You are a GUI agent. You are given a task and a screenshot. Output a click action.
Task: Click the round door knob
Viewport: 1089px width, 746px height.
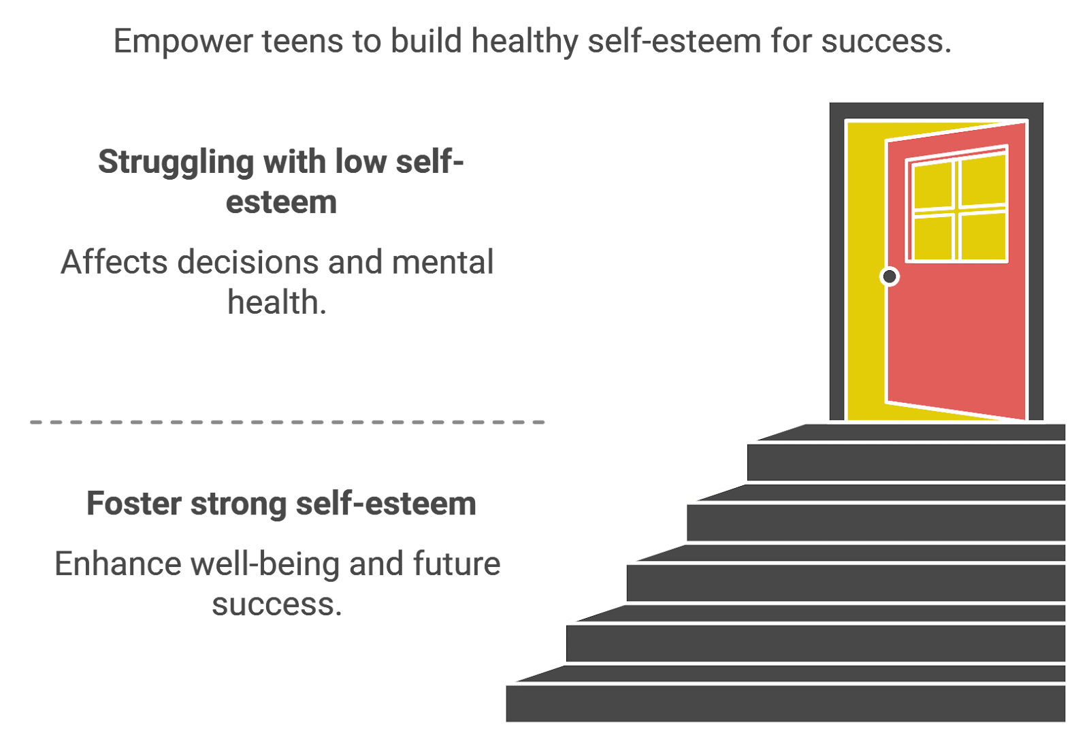pos(889,276)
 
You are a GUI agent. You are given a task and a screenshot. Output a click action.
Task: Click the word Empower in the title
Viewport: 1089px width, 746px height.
pos(183,42)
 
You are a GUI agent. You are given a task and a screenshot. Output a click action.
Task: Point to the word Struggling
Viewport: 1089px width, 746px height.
pos(176,163)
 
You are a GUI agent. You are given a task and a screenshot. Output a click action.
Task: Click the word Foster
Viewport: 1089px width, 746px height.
pos(134,504)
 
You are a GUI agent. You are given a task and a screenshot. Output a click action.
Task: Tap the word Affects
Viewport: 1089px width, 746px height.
pos(114,262)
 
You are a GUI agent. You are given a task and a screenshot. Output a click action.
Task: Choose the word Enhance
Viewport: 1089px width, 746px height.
pos(117,564)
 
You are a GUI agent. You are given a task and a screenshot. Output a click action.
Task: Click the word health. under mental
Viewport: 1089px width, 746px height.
pos(276,302)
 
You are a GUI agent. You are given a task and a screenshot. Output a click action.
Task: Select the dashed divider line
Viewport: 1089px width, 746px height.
pos(287,423)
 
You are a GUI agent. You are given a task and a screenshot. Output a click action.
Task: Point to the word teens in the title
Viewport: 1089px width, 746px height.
pos(302,42)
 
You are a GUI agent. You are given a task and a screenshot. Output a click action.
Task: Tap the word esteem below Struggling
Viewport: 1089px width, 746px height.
pos(281,203)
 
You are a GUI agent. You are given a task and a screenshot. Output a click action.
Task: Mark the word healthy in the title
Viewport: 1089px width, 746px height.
pos(524,42)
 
